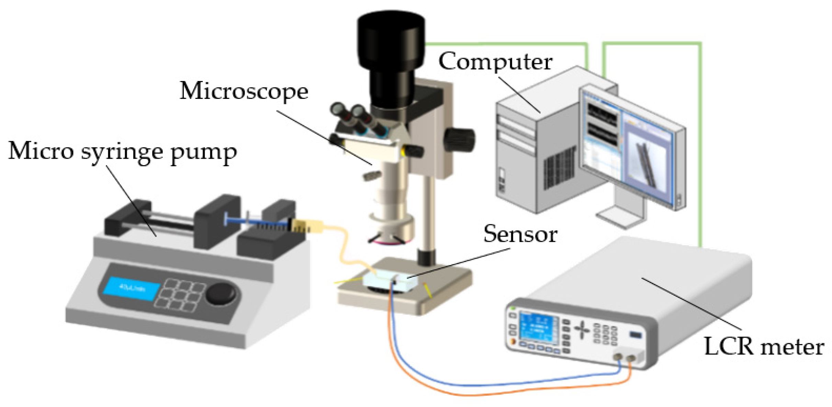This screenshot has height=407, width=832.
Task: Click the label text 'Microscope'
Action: (x=244, y=91)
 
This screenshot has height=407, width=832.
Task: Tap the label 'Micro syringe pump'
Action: (x=122, y=151)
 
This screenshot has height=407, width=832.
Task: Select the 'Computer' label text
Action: (x=495, y=62)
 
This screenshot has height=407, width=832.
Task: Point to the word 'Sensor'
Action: (x=520, y=235)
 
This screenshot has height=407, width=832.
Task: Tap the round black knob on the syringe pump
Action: (x=221, y=294)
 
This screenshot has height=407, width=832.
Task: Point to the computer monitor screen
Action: (x=629, y=148)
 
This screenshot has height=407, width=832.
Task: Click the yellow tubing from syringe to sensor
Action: (x=344, y=247)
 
